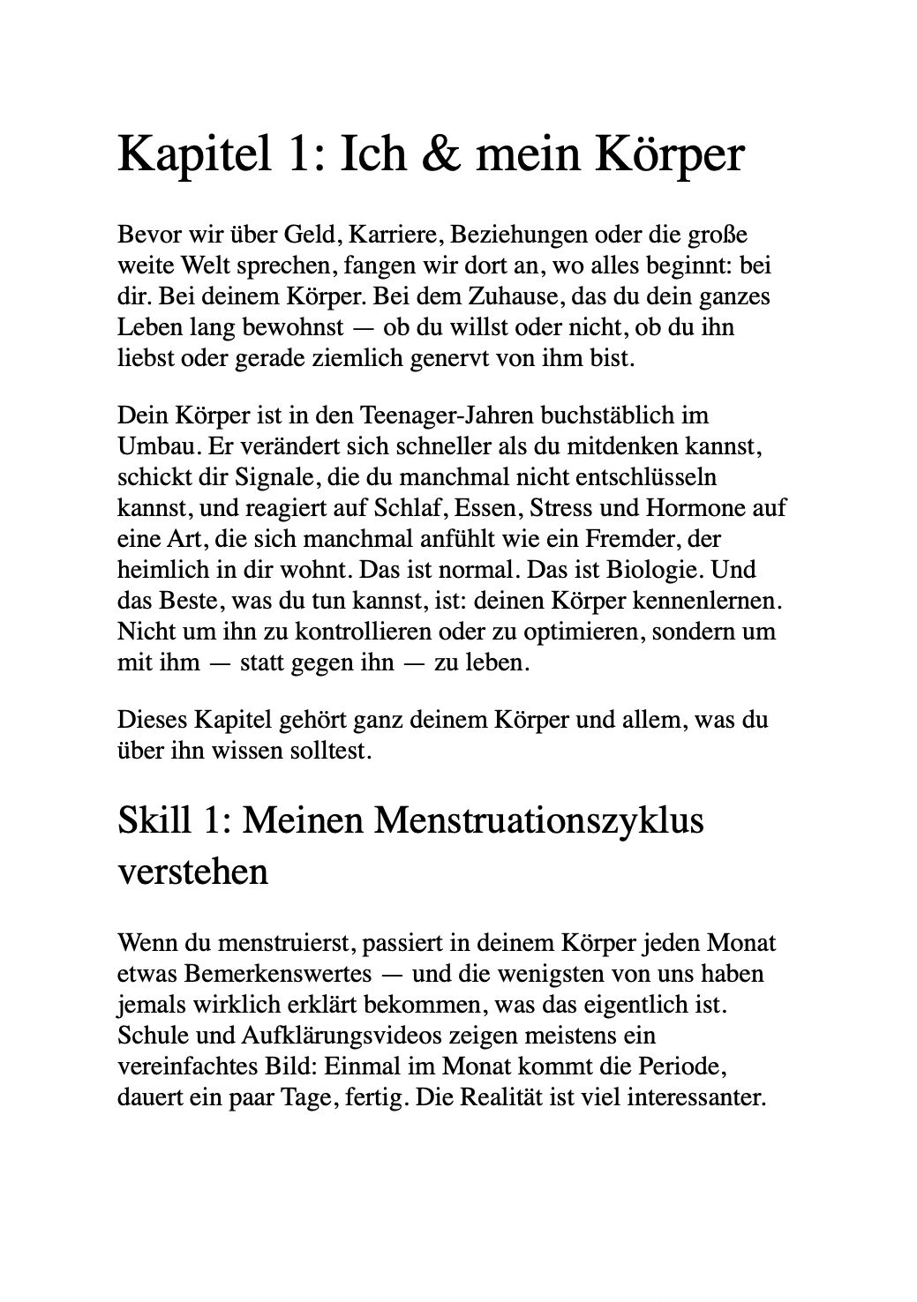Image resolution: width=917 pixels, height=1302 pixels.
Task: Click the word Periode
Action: point(686,1066)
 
